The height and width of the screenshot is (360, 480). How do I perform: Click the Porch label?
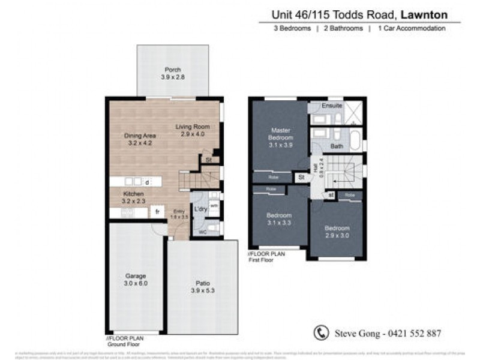pos(173,70)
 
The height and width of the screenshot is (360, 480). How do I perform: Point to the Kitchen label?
pos(134,194)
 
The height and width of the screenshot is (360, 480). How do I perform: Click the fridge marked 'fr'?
pos(157,211)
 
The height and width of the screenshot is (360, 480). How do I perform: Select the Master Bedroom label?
pos(281,134)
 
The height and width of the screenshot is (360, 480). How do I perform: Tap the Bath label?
pos(337,146)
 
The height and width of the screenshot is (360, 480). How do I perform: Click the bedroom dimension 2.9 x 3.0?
pos(336,236)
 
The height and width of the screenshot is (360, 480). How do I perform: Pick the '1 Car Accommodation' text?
pos(411,28)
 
